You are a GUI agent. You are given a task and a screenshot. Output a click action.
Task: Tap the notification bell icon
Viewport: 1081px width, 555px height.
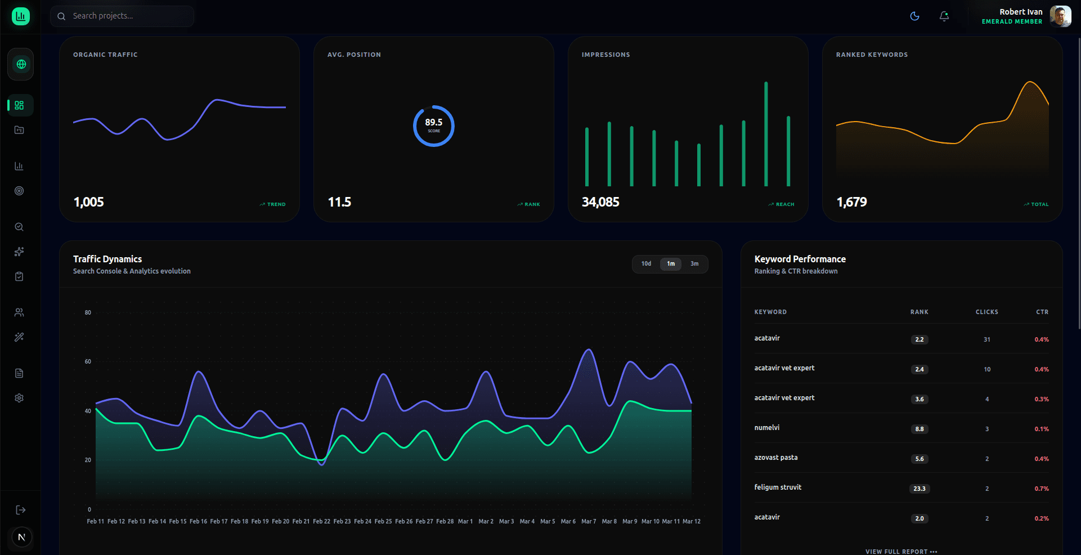pos(944,16)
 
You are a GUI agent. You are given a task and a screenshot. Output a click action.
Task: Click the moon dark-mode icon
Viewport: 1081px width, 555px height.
pos(915,16)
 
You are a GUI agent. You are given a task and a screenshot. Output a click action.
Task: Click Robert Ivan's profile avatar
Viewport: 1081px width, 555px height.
pos(1060,16)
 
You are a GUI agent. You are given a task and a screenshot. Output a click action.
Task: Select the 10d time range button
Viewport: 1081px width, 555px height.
pos(646,264)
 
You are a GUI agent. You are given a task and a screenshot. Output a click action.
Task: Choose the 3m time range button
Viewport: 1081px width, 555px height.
pos(694,264)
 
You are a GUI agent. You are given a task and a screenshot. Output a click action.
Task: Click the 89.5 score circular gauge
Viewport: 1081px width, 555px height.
pos(433,126)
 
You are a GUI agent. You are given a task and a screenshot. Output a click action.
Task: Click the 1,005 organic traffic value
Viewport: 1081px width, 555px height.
pos(89,202)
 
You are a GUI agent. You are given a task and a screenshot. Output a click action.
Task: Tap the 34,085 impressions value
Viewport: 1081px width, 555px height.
pos(600,202)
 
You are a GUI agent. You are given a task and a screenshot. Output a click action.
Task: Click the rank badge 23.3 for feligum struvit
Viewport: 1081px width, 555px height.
pos(919,489)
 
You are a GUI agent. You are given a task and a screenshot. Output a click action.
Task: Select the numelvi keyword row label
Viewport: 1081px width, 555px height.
pos(767,428)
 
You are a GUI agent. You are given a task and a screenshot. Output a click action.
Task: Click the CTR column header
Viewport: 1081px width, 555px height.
pos(1042,312)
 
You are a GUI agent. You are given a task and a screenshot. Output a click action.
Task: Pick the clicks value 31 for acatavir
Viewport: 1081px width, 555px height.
pos(987,339)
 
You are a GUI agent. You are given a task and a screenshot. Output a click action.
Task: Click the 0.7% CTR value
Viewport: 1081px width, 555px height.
pos(1042,489)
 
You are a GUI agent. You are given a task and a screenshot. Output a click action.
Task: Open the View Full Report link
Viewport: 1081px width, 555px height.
pos(901,552)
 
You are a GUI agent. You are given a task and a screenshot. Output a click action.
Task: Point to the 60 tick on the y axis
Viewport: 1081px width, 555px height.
pos(88,362)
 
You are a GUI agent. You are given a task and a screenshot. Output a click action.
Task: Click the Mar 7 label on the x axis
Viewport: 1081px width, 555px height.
pos(589,522)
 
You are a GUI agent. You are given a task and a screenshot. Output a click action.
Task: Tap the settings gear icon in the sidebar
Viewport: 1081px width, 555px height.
pos(19,398)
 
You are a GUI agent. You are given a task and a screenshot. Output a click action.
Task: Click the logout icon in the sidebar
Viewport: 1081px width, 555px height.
pos(20,510)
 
